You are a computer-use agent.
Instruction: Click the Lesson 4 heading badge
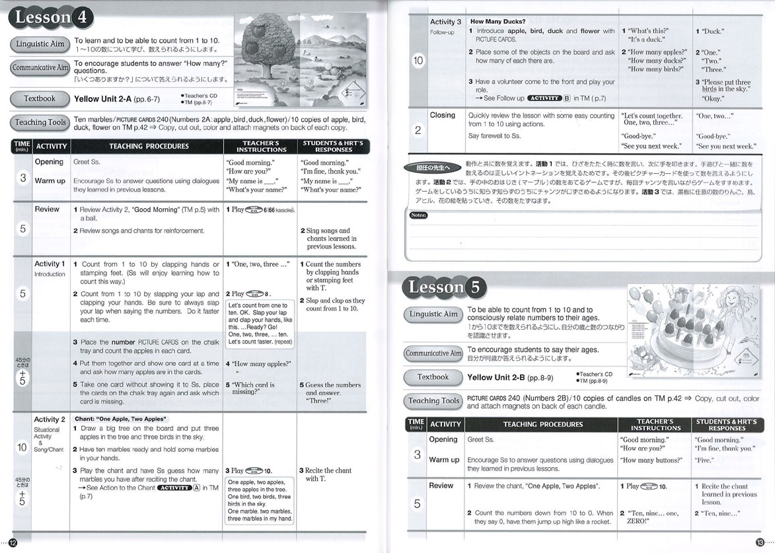[50, 18]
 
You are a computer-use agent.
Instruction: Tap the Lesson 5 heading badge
[445, 287]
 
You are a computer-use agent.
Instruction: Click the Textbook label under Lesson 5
[433, 377]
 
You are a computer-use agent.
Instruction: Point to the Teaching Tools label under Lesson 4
[40, 122]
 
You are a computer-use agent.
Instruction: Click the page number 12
[12, 542]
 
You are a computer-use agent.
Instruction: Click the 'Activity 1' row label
[50, 264]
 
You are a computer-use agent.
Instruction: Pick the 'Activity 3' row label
[446, 22]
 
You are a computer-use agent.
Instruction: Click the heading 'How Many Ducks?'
[496, 22]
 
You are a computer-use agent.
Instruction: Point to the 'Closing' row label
[443, 115]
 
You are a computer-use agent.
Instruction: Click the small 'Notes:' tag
[419, 215]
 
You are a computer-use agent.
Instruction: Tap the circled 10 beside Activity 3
[418, 61]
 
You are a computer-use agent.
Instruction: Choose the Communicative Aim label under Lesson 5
[433, 353]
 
